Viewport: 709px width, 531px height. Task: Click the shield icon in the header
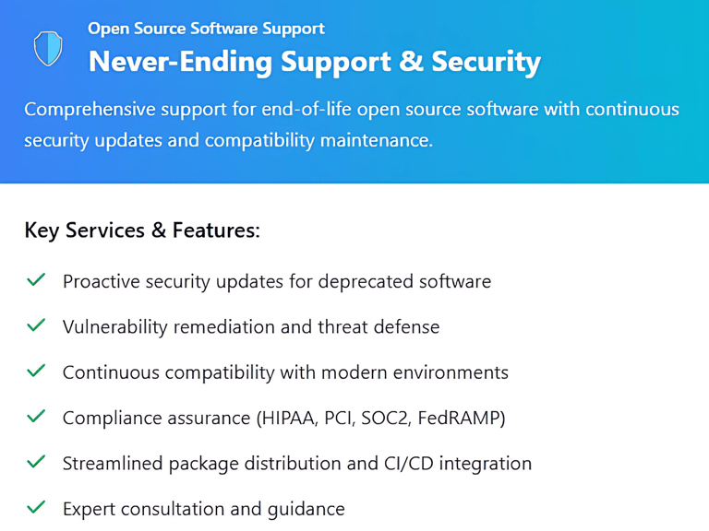coord(48,48)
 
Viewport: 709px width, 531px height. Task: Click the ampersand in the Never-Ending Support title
coord(411,61)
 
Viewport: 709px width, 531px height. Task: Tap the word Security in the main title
coord(487,63)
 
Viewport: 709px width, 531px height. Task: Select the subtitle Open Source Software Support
coord(206,29)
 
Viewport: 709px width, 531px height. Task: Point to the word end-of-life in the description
coord(306,110)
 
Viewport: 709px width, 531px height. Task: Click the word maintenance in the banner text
coord(377,140)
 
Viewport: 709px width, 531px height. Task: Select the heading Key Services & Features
coord(142,230)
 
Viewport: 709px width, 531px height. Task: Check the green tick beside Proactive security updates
coord(36,279)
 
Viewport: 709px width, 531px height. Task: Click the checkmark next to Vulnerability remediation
coord(36,325)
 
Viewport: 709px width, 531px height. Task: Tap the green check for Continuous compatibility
coord(36,371)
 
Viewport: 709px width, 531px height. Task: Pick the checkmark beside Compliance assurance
coord(36,416)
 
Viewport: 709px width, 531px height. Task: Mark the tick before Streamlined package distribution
coord(36,462)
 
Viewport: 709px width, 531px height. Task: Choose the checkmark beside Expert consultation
coord(36,507)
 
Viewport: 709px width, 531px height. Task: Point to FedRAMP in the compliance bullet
coord(458,419)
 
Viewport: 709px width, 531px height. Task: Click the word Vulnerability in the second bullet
coord(114,327)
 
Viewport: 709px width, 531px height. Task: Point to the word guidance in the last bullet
coord(306,510)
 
